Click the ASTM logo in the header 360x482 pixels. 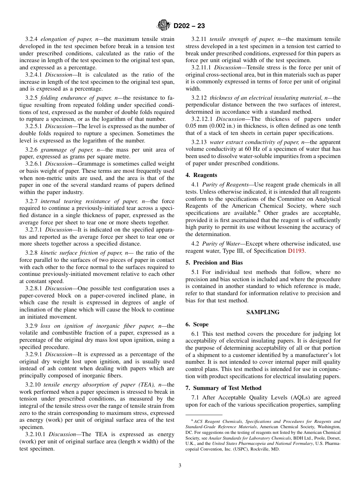164,26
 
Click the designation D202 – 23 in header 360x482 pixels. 189,26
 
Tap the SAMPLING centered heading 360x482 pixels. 263,312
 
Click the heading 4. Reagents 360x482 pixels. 201,175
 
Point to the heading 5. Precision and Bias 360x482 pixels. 214,263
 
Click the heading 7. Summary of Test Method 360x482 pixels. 223,388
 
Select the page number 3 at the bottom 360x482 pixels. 180,466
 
